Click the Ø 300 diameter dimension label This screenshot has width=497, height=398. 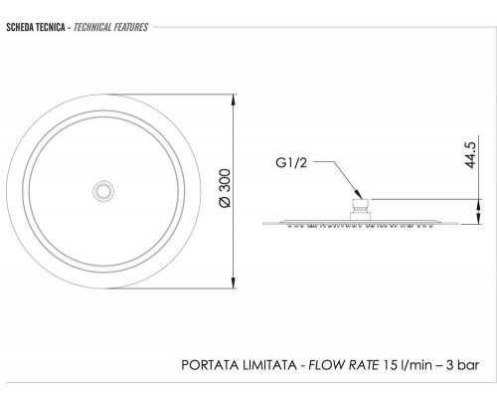pos(225,188)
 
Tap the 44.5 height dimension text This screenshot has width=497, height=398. pos(470,155)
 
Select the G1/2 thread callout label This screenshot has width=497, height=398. pos(291,163)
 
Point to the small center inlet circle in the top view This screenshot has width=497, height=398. pos(103,191)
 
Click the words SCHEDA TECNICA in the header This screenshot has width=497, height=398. pos(36,27)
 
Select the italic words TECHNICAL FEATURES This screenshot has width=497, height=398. pos(110,27)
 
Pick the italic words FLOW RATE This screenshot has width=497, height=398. pos(344,365)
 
